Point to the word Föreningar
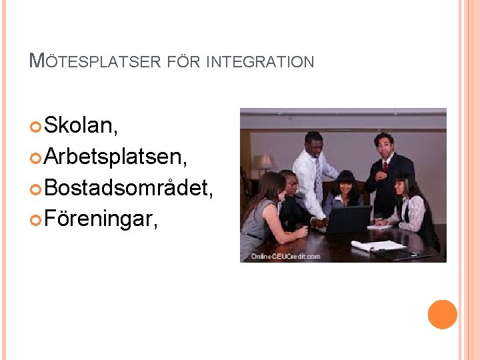(x=101, y=219)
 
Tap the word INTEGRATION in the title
(x=260, y=63)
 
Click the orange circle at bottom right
(x=443, y=315)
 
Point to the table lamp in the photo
(x=265, y=162)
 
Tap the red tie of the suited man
(x=385, y=166)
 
